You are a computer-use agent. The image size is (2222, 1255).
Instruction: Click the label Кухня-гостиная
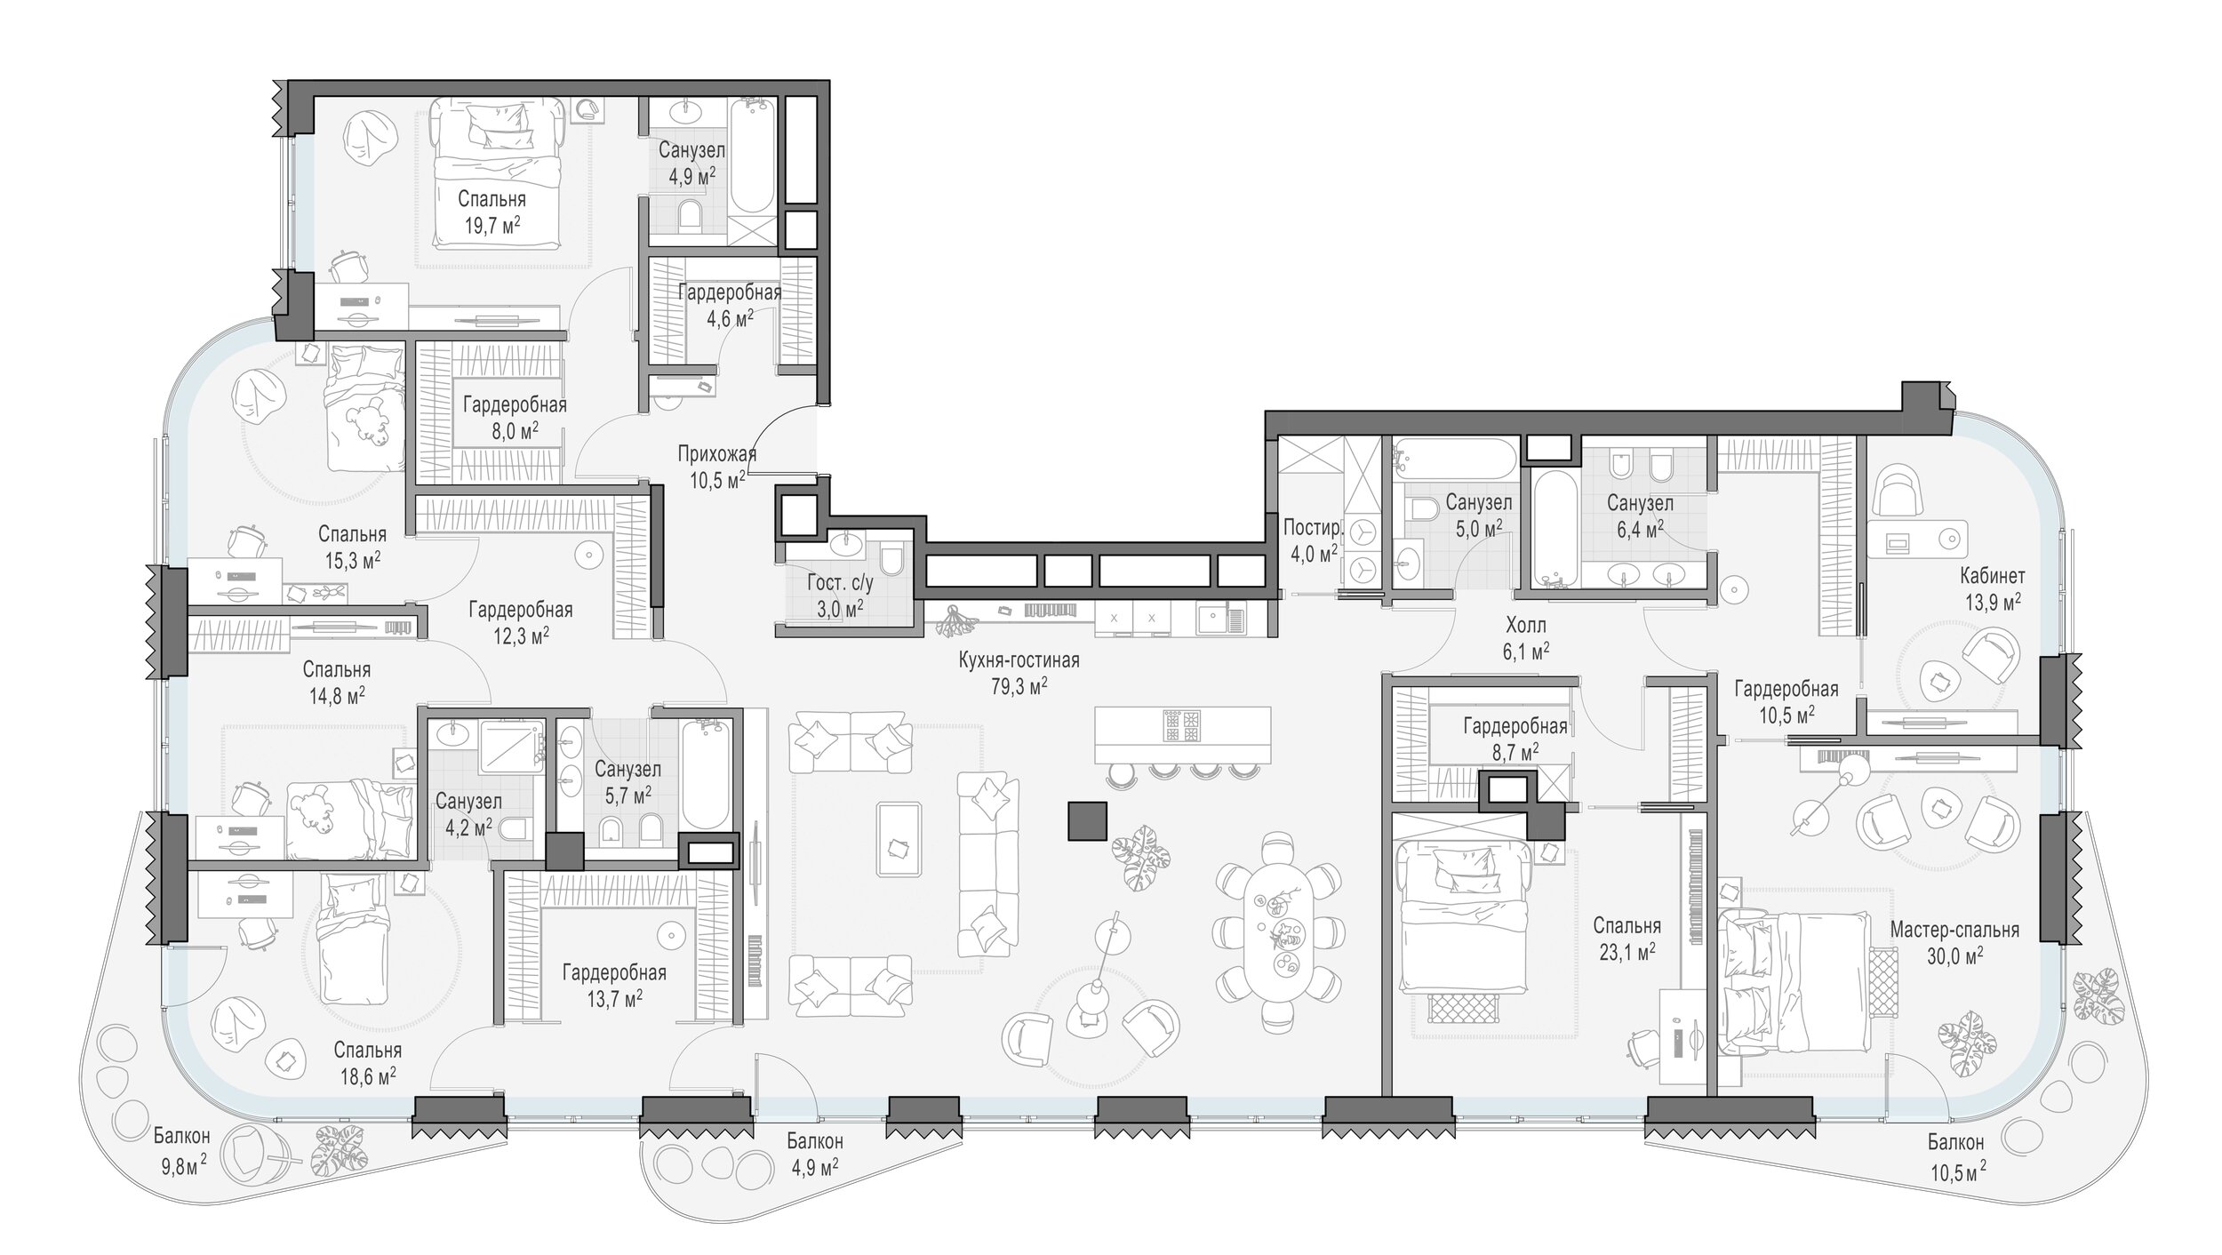click(x=1019, y=660)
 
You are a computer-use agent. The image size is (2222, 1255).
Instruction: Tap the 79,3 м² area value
click(x=1019, y=685)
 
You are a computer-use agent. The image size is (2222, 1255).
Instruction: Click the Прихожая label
click(x=716, y=455)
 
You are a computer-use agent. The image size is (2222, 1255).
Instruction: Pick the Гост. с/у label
click(x=840, y=584)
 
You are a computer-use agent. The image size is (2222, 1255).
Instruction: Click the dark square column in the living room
click(x=1087, y=820)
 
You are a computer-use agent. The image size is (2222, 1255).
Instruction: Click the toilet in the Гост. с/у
click(x=891, y=559)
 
